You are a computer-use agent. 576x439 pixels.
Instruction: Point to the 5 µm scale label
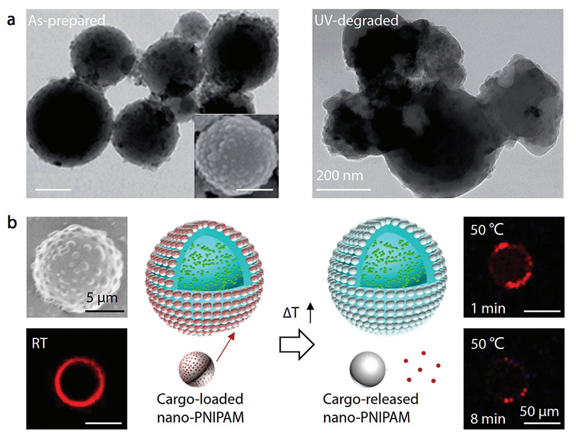tap(104, 297)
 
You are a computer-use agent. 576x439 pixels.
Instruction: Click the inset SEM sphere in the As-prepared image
tap(235, 155)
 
